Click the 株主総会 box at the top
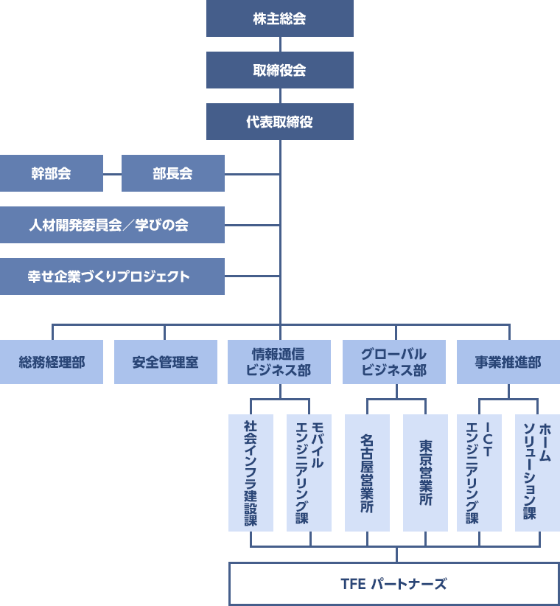tap(280, 18)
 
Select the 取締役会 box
tap(280, 70)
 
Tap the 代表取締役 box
tap(280, 122)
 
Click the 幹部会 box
tap(51, 173)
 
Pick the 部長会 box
tap(172, 173)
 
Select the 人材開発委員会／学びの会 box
tap(112, 225)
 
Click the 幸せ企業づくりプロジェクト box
tap(112, 276)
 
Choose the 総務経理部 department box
tap(52, 362)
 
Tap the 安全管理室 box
tap(166, 362)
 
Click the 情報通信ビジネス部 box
tap(279, 362)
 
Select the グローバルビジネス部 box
tap(394, 362)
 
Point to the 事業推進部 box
tap(508, 362)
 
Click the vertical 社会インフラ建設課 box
tap(251, 473)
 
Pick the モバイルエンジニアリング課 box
tap(309, 473)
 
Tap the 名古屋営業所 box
tap(367, 473)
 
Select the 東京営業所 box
tap(425, 473)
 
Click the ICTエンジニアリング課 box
tap(479, 473)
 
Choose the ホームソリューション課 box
tap(537, 473)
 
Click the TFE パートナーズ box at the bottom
tap(394, 584)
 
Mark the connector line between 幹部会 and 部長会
tap(112, 174)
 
